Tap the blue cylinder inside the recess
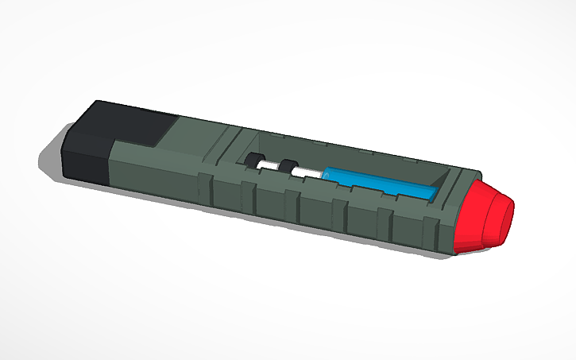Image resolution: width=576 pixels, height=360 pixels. (x=380, y=182)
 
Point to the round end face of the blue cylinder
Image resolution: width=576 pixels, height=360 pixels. (x=328, y=173)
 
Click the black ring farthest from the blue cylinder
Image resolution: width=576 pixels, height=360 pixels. (x=255, y=161)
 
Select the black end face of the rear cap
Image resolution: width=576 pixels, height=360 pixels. (x=84, y=155)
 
